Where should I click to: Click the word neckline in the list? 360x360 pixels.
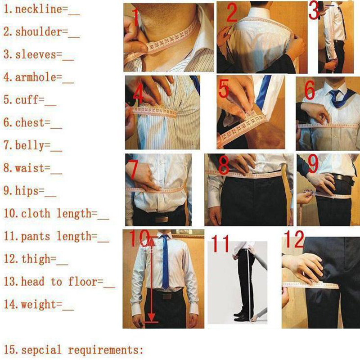coord(38,9)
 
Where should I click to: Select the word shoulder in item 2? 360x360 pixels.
coord(38,31)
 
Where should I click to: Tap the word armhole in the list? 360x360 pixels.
coord(36,77)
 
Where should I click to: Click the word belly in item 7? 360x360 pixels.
coord(30,145)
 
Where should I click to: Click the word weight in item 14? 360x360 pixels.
coord(39,305)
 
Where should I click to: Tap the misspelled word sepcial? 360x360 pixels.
coord(41,350)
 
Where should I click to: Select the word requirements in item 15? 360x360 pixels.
coord(103,350)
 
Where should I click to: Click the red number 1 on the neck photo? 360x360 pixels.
coord(136,17)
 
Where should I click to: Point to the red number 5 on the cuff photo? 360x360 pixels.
coord(223,89)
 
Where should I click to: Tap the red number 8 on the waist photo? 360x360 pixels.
coord(224,165)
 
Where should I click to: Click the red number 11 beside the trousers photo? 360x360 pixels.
coord(220,243)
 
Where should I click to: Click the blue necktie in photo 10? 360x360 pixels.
coord(165,262)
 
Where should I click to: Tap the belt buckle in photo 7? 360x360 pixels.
coord(162,219)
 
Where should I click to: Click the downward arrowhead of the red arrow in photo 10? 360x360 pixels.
coord(151,318)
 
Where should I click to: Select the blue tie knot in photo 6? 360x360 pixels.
coord(334,94)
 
